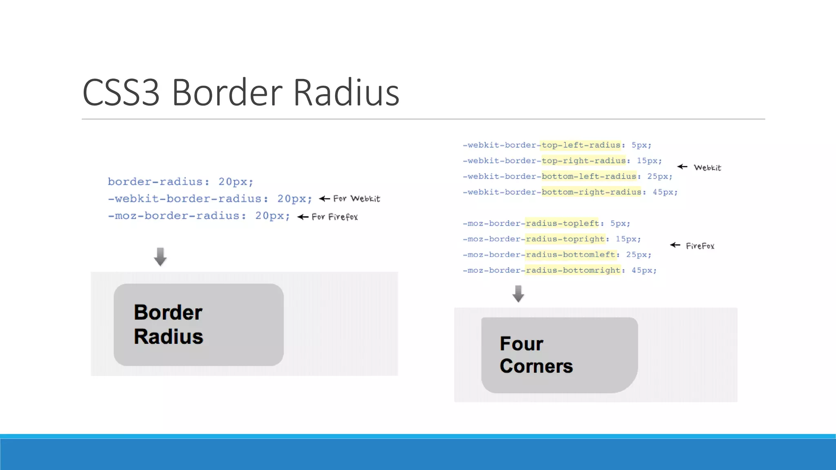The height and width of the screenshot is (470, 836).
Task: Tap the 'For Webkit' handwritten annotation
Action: point(356,199)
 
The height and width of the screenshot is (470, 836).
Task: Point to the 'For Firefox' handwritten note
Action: point(335,217)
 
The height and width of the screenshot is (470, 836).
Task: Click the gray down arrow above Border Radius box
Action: point(160,257)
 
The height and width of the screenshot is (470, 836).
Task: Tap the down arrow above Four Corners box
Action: point(518,294)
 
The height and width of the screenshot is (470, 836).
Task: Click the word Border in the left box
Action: point(168,313)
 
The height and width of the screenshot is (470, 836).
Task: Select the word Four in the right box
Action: point(521,344)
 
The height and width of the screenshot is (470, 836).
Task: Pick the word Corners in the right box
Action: point(536,366)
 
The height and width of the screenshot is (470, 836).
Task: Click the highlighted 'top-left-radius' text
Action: point(580,145)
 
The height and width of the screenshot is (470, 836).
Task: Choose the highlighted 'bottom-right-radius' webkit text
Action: point(591,192)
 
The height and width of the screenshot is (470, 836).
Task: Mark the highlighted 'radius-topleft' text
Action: point(562,224)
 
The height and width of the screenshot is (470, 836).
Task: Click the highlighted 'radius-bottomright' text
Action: point(573,270)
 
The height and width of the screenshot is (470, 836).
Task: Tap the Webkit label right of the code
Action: point(707,168)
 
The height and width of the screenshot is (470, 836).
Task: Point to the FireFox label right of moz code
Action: point(700,246)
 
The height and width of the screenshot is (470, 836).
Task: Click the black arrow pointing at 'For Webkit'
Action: point(325,199)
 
